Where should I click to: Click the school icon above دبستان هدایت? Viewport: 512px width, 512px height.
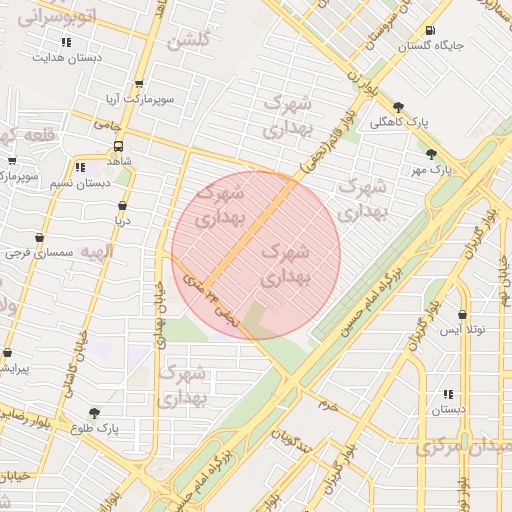point(66,42)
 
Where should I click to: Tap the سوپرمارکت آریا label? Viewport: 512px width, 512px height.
point(139,101)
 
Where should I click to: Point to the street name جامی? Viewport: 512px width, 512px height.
point(107,125)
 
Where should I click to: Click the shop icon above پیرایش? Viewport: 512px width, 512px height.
point(8,353)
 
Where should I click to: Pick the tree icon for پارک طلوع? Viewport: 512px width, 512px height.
point(95,412)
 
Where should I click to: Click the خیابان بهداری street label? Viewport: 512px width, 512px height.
point(158,300)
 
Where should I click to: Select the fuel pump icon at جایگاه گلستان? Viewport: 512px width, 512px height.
point(430,30)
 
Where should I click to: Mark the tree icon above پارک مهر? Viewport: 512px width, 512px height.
point(431,154)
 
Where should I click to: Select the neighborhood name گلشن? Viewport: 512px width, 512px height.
point(189,41)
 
